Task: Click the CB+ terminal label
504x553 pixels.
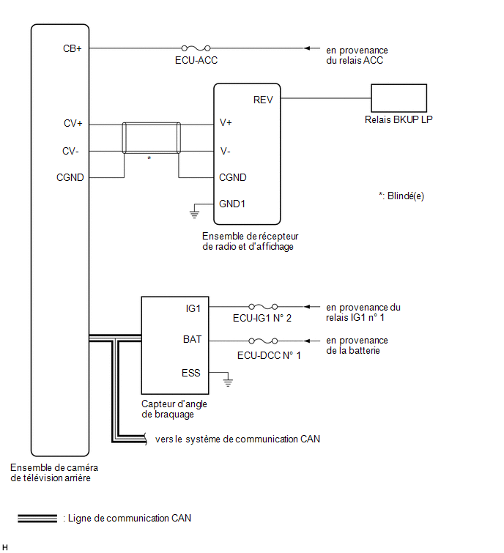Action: [73, 48]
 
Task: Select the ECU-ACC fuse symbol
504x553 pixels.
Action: [196, 48]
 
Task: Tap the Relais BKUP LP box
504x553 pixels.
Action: [399, 98]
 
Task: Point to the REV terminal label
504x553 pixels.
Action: [263, 100]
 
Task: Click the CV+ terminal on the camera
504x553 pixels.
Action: [73, 124]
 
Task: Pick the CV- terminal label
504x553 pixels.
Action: [70, 152]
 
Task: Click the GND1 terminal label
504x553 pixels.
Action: [232, 204]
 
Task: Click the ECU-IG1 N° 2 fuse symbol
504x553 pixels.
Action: [263, 306]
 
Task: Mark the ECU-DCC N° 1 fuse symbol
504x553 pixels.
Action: [263, 341]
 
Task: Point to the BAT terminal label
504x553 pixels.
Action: [192, 339]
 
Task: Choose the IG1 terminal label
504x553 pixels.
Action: [193, 308]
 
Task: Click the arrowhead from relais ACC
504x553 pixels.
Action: [307, 48]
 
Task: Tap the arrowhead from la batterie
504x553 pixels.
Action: [307, 341]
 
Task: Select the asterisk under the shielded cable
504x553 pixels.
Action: [149, 158]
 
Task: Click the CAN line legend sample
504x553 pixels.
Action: [37, 518]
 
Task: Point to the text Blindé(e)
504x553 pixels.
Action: [406, 196]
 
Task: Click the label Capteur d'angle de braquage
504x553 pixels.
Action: [174, 409]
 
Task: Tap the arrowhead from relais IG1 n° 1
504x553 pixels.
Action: [307, 306]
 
